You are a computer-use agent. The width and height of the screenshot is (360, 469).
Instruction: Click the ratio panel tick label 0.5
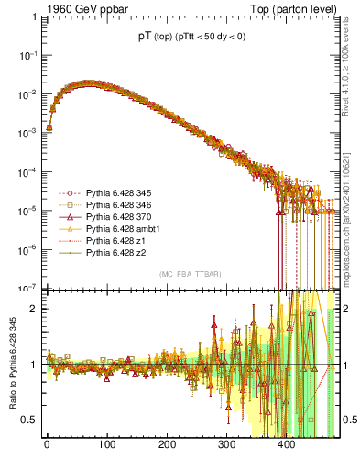pyautogui.click(x=31, y=420)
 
